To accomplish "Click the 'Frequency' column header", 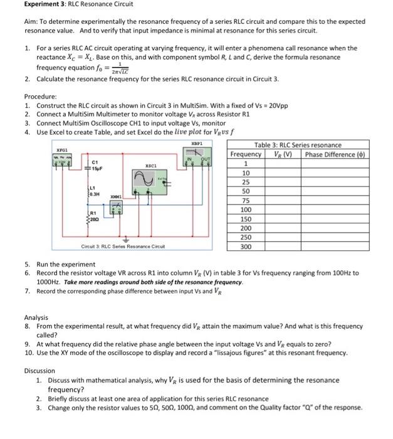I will pyautogui.click(x=246, y=154).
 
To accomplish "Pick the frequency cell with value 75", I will pyautogui.click(x=246, y=200).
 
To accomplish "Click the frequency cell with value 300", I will pyautogui.click(x=246, y=246).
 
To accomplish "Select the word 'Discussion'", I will pyautogui.click(x=41, y=371).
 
